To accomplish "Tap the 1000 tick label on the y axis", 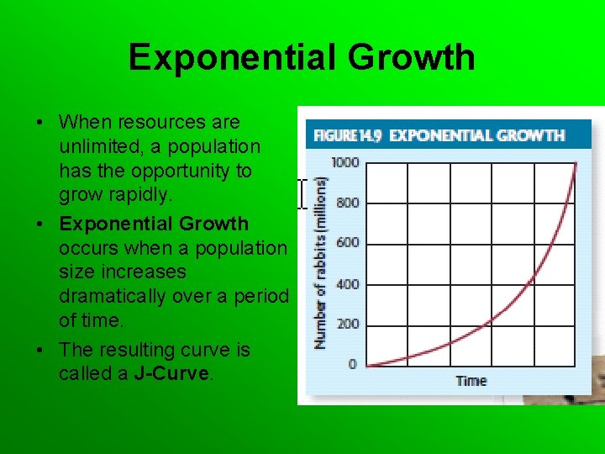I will pos(345,161).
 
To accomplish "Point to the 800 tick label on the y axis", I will pos(347,203).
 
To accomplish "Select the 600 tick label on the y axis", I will pos(347,242).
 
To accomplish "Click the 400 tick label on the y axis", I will pos(347,283).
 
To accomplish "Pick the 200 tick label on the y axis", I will pos(347,324).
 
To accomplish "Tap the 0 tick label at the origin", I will pos(352,364).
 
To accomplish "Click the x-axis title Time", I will pos(471,381).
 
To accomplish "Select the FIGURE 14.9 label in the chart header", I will pos(347,135).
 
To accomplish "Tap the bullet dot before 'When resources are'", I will pos(40,123).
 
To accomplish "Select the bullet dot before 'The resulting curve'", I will pos(40,350).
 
